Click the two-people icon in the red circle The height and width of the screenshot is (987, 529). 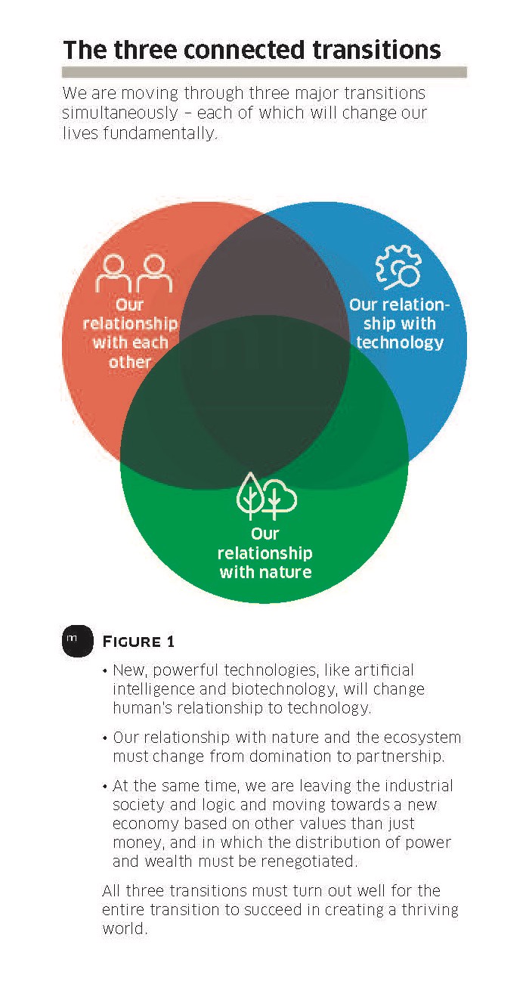134,273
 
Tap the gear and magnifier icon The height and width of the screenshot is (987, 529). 398,267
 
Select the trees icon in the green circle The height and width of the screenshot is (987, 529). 267,496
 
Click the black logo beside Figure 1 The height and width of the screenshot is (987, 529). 78,641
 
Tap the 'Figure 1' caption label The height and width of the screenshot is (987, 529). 138,642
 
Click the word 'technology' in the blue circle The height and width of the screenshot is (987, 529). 400,343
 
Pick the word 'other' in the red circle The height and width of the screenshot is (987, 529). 130,362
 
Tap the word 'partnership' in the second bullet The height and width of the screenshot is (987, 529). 401,756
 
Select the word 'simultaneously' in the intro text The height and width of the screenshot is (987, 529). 120,113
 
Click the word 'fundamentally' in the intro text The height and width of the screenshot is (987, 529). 161,133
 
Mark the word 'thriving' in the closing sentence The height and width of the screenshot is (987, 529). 430,910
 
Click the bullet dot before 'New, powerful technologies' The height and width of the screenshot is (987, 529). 105,672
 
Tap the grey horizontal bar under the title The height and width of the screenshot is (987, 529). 264,73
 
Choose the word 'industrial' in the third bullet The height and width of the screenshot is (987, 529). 419,785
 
